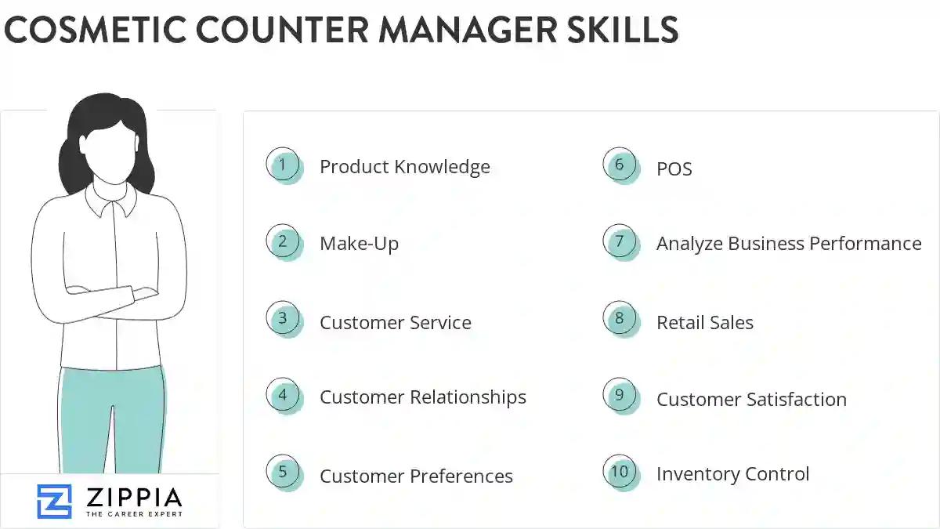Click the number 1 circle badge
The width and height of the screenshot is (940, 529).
tap(283, 165)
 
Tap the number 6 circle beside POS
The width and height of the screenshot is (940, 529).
tap(620, 165)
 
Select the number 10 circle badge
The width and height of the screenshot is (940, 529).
tap(620, 472)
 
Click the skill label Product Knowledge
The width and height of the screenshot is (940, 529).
tap(404, 167)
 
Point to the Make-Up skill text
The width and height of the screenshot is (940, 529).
tap(359, 244)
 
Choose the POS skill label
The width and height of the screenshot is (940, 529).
tap(674, 169)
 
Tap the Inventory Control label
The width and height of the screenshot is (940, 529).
tap(732, 474)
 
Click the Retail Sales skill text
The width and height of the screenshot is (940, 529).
tap(704, 323)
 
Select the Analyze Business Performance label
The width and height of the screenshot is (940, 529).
tap(788, 244)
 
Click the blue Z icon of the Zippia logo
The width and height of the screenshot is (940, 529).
tap(54, 501)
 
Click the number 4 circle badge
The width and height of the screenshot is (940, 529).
tap(283, 396)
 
